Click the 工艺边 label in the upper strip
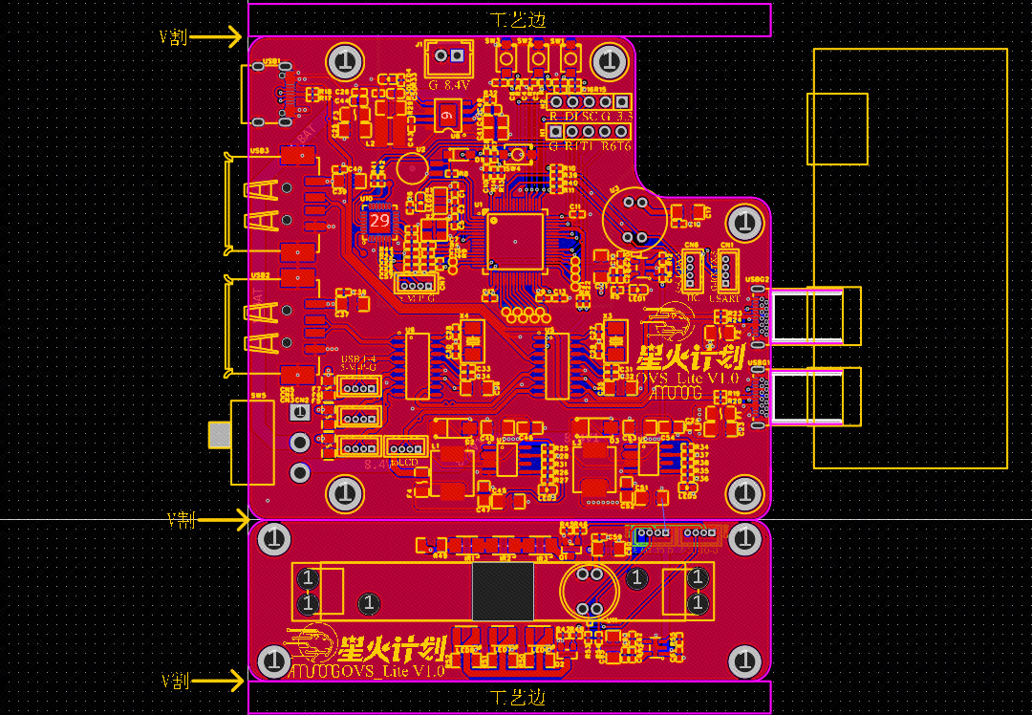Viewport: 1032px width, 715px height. point(518,20)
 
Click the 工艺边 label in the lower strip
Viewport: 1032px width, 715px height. point(518,696)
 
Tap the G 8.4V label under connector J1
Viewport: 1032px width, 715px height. point(449,85)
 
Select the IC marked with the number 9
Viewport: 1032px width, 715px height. point(446,116)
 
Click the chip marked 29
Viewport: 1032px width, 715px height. point(379,221)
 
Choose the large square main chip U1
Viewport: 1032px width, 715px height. point(515,241)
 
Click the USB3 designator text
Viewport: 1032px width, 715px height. point(259,151)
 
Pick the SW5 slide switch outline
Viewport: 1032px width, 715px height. point(253,442)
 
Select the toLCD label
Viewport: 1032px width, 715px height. point(405,464)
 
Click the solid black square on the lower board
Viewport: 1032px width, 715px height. point(503,591)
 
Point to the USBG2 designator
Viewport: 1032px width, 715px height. point(758,280)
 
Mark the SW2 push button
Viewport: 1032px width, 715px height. point(539,59)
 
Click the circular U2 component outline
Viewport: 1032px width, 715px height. point(412,168)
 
